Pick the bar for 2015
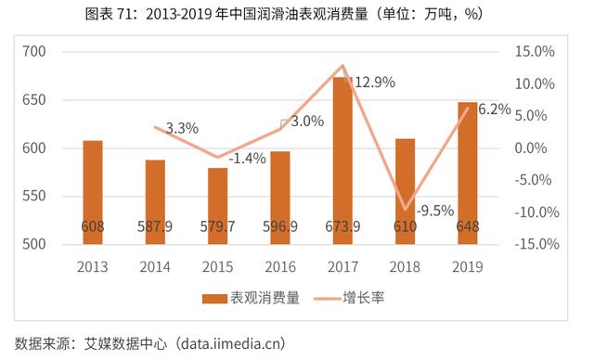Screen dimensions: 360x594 coord(217,205)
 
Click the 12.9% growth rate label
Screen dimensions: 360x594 coord(374,83)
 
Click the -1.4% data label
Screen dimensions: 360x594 coord(246,158)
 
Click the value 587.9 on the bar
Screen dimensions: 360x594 coord(155,225)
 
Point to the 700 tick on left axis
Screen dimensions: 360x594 coord(34,52)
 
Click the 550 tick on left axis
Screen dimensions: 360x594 coord(34,196)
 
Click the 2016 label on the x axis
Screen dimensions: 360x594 coord(280,267)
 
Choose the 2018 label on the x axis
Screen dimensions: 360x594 coord(405,267)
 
